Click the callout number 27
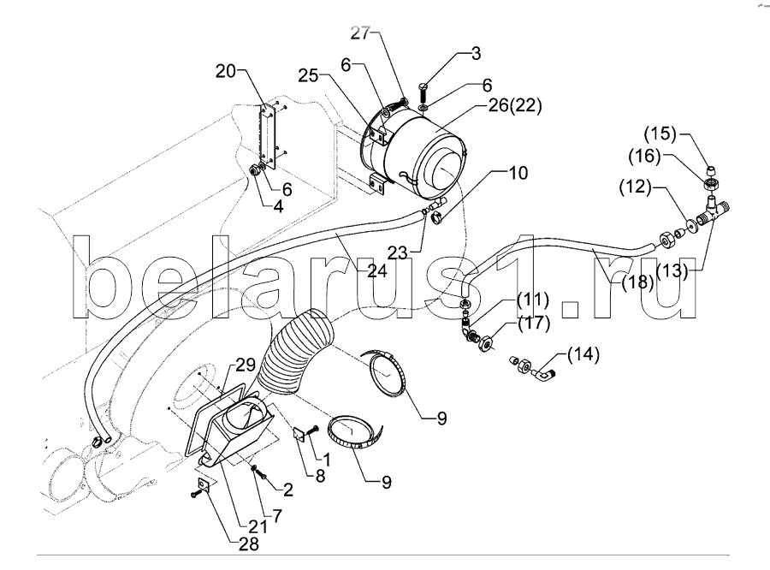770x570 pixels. click(x=360, y=33)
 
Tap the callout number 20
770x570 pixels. click(x=226, y=71)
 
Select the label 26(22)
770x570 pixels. click(x=515, y=105)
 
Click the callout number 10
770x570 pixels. click(x=518, y=173)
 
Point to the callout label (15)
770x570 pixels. click(x=660, y=134)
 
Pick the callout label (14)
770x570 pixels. click(x=583, y=354)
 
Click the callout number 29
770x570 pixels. click(x=246, y=365)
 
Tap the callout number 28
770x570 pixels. click(x=248, y=544)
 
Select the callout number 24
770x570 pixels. click(x=377, y=270)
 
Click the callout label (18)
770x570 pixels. click(x=637, y=282)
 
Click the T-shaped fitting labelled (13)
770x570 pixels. click(x=713, y=211)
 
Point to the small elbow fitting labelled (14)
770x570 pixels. click(x=544, y=376)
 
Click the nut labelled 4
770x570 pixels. click(x=254, y=171)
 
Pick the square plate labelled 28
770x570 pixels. click(x=203, y=484)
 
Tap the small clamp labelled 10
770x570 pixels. click(x=436, y=216)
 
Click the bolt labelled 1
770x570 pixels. click(x=312, y=431)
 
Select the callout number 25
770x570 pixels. click(x=308, y=76)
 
